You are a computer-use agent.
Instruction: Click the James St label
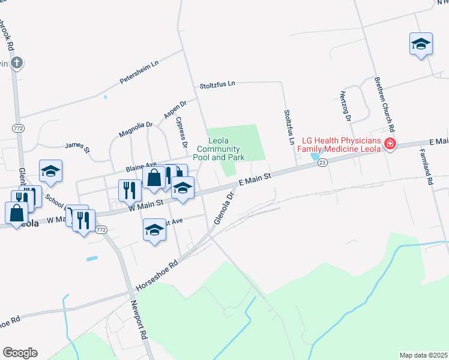[77, 146]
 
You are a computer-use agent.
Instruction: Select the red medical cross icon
[390, 144]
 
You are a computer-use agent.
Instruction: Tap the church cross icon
[17, 61]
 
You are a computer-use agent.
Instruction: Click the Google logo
[20, 352]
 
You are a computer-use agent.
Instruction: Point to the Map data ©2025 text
[423, 355]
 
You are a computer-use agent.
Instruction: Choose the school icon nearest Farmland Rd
[421, 44]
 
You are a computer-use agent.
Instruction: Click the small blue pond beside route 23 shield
[315, 157]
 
